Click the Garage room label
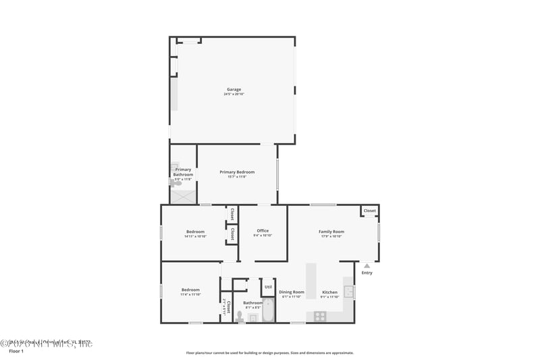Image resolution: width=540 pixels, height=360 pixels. point(234,89)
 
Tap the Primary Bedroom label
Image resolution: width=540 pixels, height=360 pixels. point(237,172)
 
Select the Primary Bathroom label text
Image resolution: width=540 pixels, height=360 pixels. point(183,172)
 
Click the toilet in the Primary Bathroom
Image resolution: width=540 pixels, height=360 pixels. point(175,183)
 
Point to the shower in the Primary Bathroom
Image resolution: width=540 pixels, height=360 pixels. point(183,197)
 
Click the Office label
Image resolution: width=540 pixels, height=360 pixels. point(263,231)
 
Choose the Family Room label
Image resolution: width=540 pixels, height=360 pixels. point(331,232)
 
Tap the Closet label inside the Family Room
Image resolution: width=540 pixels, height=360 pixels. point(369,211)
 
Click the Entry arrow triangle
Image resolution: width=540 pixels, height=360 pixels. point(367,265)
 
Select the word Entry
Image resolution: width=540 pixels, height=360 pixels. point(367,273)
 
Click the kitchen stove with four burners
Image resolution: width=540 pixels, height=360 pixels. point(320,316)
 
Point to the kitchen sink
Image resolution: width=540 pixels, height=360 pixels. point(349,292)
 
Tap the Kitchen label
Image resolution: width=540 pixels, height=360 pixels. point(329,292)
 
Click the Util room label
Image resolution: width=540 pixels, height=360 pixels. point(268,286)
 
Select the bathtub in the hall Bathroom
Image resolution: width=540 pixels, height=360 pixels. point(268,311)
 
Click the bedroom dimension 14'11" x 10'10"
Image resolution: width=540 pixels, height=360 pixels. point(195,236)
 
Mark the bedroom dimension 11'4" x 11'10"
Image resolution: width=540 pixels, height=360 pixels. point(190,294)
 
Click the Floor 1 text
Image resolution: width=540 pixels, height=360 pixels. point(16,351)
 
